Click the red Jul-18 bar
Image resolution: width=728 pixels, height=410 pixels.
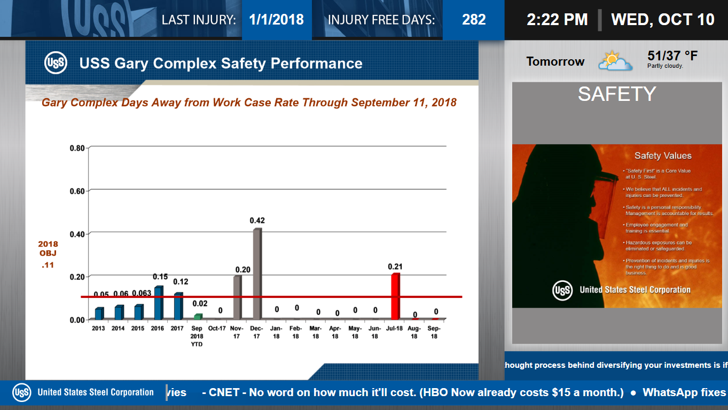click(x=395, y=296)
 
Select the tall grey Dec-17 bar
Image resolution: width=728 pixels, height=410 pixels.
click(x=257, y=273)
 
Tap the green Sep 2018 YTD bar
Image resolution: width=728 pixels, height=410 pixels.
click(x=198, y=317)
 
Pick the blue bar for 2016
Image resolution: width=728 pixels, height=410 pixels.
click(x=158, y=303)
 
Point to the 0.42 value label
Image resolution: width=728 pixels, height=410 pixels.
click(x=257, y=220)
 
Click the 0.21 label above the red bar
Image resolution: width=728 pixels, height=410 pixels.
click(x=395, y=266)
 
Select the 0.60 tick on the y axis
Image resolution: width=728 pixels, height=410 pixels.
click(x=77, y=191)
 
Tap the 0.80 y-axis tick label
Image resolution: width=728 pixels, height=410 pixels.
click(x=77, y=148)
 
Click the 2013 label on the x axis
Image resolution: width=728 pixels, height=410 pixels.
click(x=98, y=328)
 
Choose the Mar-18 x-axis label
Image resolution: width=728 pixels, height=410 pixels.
click(x=316, y=332)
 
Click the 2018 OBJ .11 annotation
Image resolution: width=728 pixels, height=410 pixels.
click(x=48, y=254)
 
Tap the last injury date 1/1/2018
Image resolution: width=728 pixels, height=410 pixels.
click(x=276, y=20)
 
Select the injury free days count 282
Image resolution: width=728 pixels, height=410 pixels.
click(x=474, y=20)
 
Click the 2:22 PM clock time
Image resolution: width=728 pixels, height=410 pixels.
click(x=557, y=20)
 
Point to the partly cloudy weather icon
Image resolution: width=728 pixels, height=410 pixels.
click(x=615, y=61)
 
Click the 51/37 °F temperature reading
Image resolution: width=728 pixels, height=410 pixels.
click(x=672, y=56)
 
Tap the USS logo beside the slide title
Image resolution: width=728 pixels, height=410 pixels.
click(x=56, y=63)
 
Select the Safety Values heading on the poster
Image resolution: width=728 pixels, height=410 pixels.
click(x=663, y=156)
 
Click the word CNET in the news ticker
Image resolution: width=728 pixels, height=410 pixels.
click(x=225, y=392)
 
